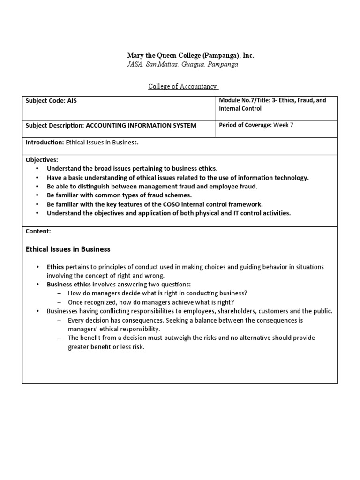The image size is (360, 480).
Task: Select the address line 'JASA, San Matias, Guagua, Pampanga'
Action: point(183,64)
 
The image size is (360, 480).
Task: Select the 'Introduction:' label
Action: point(45,142)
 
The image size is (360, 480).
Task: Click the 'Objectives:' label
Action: point(42,160)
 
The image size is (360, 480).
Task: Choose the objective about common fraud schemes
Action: point(119,195)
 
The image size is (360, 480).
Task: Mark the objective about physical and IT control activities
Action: point(169,213)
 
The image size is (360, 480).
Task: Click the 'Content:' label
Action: point(38,231)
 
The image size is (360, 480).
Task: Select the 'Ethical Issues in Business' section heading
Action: point(68,249)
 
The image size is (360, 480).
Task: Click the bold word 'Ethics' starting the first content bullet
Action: point(55,267)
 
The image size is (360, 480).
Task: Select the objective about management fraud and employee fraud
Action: point(152,186)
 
